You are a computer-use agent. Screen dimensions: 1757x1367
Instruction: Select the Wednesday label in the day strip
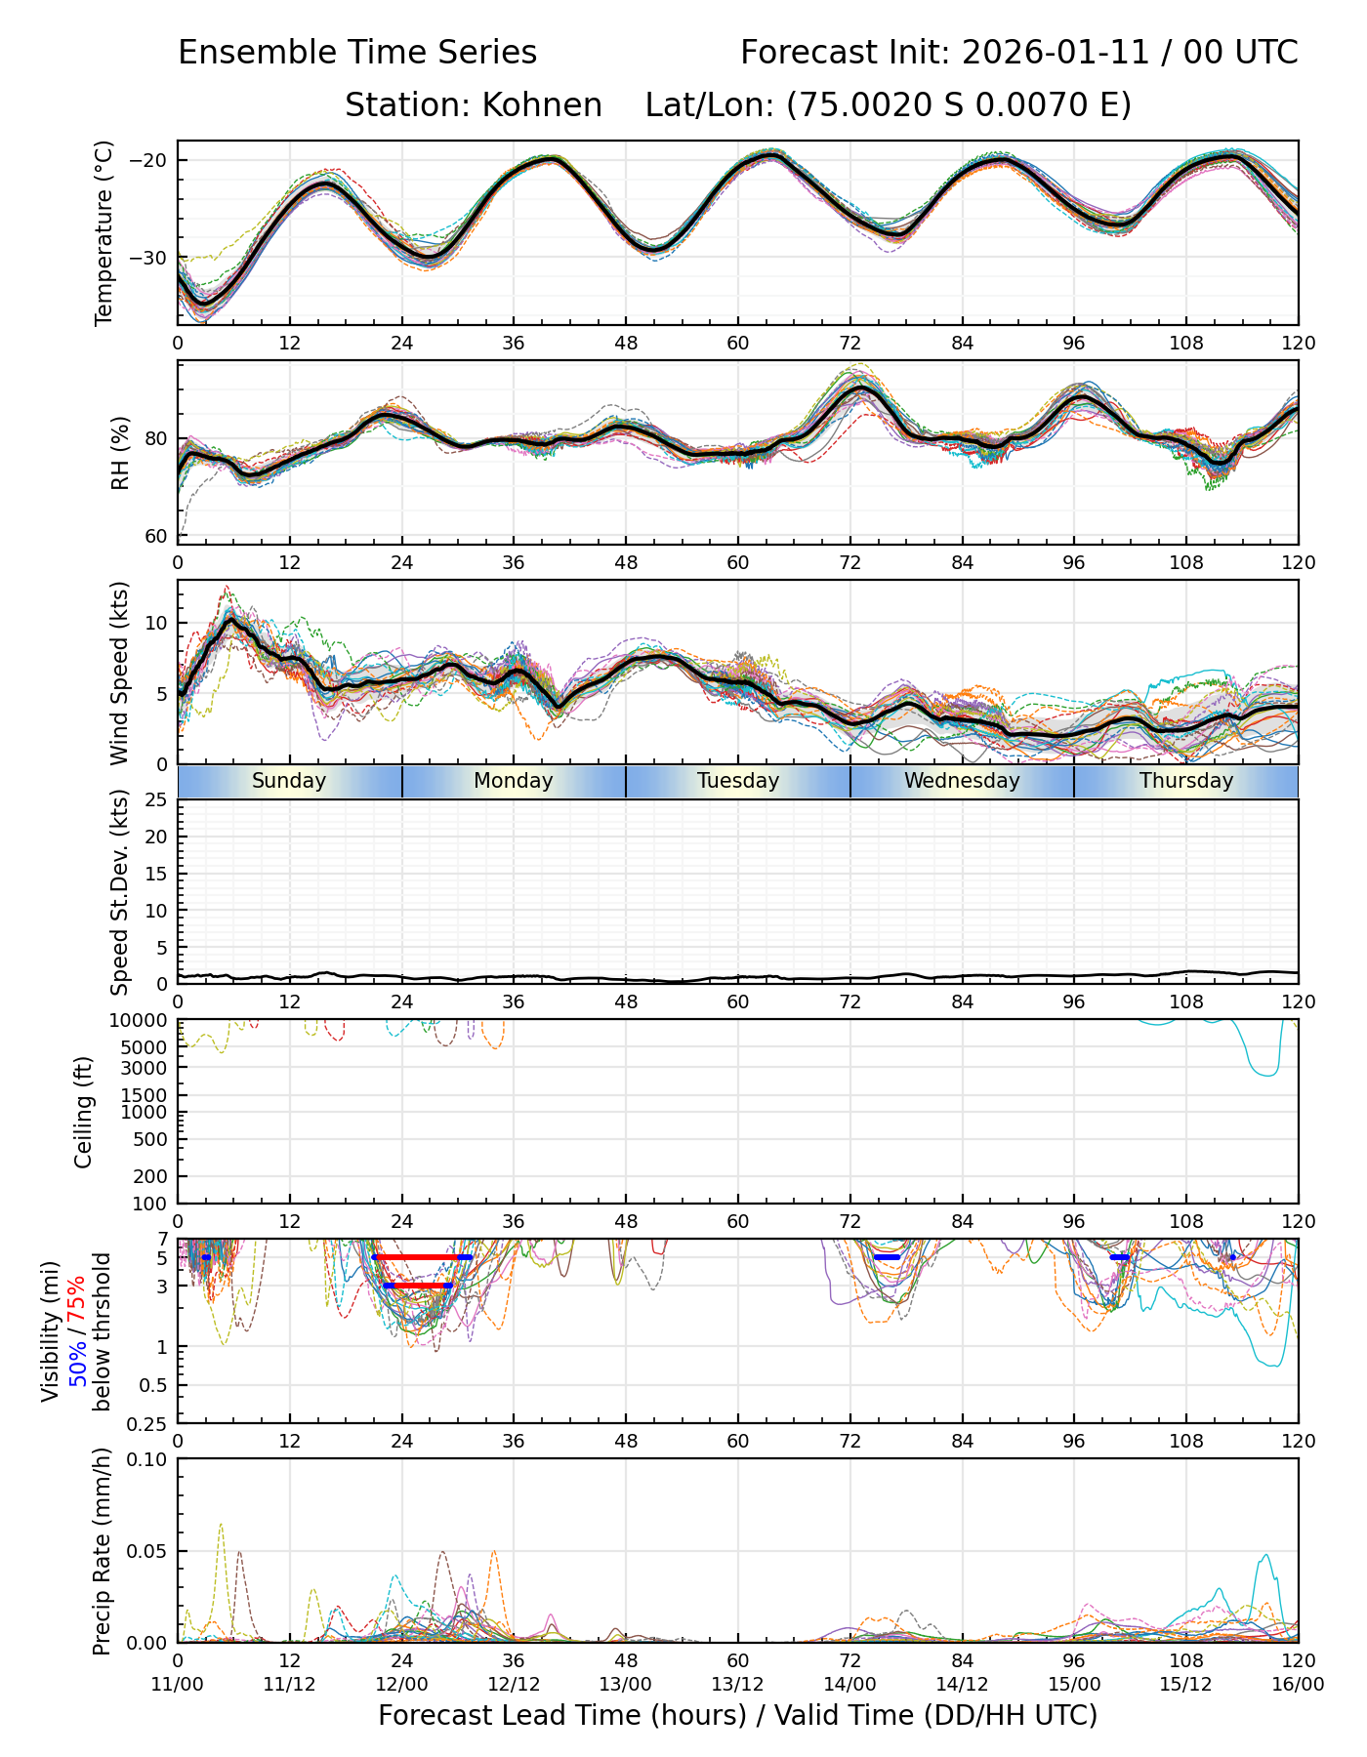962,781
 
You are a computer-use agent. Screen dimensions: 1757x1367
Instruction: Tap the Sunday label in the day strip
289,781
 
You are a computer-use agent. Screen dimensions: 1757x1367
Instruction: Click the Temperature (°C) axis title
104,232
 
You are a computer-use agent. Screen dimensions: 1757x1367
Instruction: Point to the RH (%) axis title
120,453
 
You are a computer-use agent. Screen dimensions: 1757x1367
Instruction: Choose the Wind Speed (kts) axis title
119,673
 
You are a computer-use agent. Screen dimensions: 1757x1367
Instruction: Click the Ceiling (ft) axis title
84,1112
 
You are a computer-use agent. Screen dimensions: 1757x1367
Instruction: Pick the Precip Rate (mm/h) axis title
102,1551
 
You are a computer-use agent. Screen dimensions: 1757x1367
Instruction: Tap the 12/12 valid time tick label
514,1684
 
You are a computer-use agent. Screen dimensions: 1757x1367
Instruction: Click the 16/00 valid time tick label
1298,1684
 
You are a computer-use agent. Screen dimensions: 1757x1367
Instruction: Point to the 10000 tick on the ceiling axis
143,1021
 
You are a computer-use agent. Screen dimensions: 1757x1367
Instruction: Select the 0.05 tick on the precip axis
148,1551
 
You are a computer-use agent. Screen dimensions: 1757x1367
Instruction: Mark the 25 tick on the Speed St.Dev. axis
157,800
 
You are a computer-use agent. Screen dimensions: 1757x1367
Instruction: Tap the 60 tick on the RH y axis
156,536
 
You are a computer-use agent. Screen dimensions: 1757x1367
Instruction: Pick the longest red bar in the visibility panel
421,1257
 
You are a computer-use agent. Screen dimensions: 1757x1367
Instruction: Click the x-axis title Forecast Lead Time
737,1715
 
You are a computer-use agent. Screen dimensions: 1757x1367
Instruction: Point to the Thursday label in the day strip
1186,781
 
